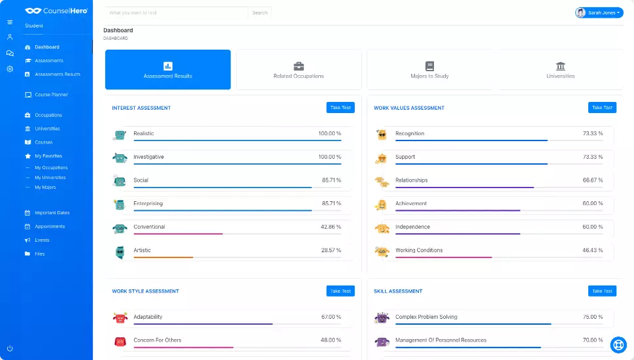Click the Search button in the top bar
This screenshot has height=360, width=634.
coord(259,12)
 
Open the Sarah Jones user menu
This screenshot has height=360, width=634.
coord(599,12)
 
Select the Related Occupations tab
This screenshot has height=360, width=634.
coord(299,70)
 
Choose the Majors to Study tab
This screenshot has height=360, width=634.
coord(429,70)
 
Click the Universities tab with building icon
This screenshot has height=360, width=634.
coord(560,70)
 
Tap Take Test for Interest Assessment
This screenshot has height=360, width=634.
coord(341,108)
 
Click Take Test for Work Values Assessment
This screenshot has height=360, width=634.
coord(602,108)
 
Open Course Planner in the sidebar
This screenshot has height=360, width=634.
coord(51,95)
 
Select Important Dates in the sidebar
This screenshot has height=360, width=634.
coord(52,213)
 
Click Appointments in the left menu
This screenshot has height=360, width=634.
coord(50,227)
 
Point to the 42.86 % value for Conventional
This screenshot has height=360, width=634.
coord(331,227)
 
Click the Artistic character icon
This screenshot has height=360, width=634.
coord(120,251)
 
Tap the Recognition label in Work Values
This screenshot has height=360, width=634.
coord(410,133)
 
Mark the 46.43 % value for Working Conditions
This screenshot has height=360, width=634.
coord(593,250)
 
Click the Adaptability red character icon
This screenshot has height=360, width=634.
coord(120,318)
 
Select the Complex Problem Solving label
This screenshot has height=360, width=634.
coord(426,317)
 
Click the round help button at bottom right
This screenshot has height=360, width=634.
coord(618,344)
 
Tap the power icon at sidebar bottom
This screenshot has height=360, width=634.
coord(10,348)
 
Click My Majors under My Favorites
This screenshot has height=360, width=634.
coord(45,188)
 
